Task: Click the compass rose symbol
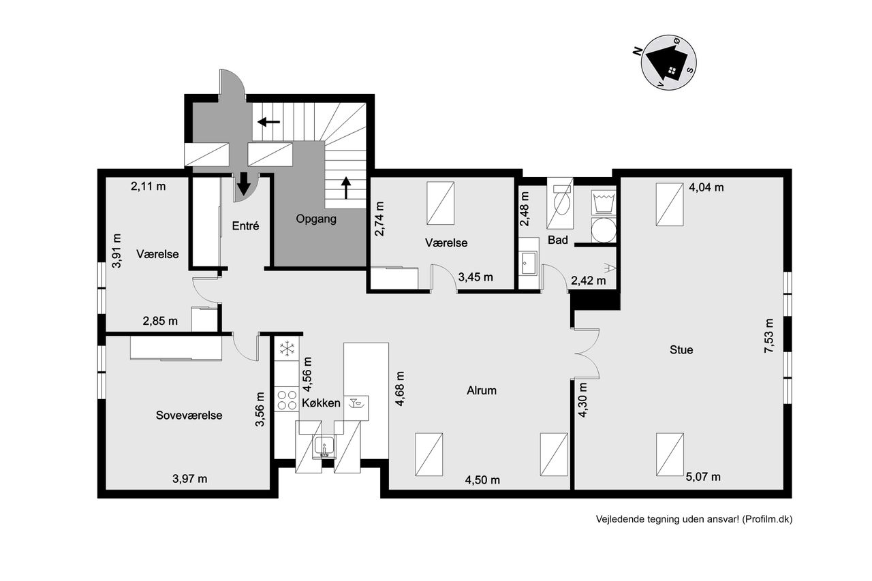point(668,62)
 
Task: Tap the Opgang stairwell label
point(315,219)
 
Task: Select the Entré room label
point(245,225)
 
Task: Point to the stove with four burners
point(287,400)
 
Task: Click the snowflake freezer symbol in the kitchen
point(287,348)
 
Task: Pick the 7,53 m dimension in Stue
point(769,336)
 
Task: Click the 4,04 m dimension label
point(706,187)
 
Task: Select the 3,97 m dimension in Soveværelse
point(189,479)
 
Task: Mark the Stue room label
point(681,350)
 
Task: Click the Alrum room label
point(482,390)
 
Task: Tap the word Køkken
point(321,403)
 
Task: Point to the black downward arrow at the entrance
point(244,184)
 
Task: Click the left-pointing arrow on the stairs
point(268,122)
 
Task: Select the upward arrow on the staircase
point(345,188)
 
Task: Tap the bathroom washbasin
point(528,264)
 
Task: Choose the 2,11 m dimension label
point(148,187)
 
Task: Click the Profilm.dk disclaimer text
point(694,519)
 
